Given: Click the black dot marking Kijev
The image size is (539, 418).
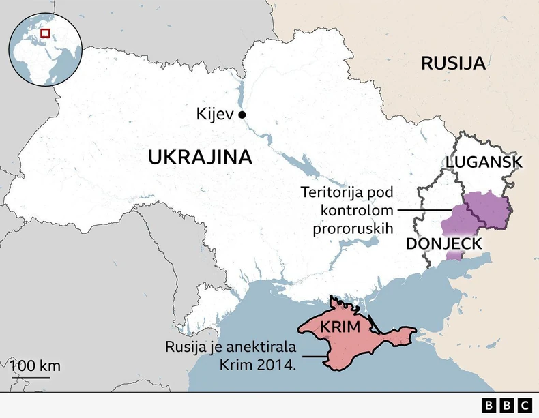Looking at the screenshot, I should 242,115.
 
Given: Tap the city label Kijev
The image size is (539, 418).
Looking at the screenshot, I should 215,115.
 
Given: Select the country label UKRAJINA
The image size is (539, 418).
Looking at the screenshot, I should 200,158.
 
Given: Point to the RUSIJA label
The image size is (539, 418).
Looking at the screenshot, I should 453,63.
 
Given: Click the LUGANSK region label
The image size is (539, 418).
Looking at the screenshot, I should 484,162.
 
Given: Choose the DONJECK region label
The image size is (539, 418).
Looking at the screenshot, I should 444,244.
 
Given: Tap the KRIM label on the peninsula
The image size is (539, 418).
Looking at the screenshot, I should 339,327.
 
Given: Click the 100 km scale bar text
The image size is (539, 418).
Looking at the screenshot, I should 35,365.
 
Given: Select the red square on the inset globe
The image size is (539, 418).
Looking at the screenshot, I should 45,33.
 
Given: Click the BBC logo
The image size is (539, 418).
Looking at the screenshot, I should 507,405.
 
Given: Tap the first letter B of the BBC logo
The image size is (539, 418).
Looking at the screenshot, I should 490,405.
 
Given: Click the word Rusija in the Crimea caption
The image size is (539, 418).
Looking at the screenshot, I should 186,346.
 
